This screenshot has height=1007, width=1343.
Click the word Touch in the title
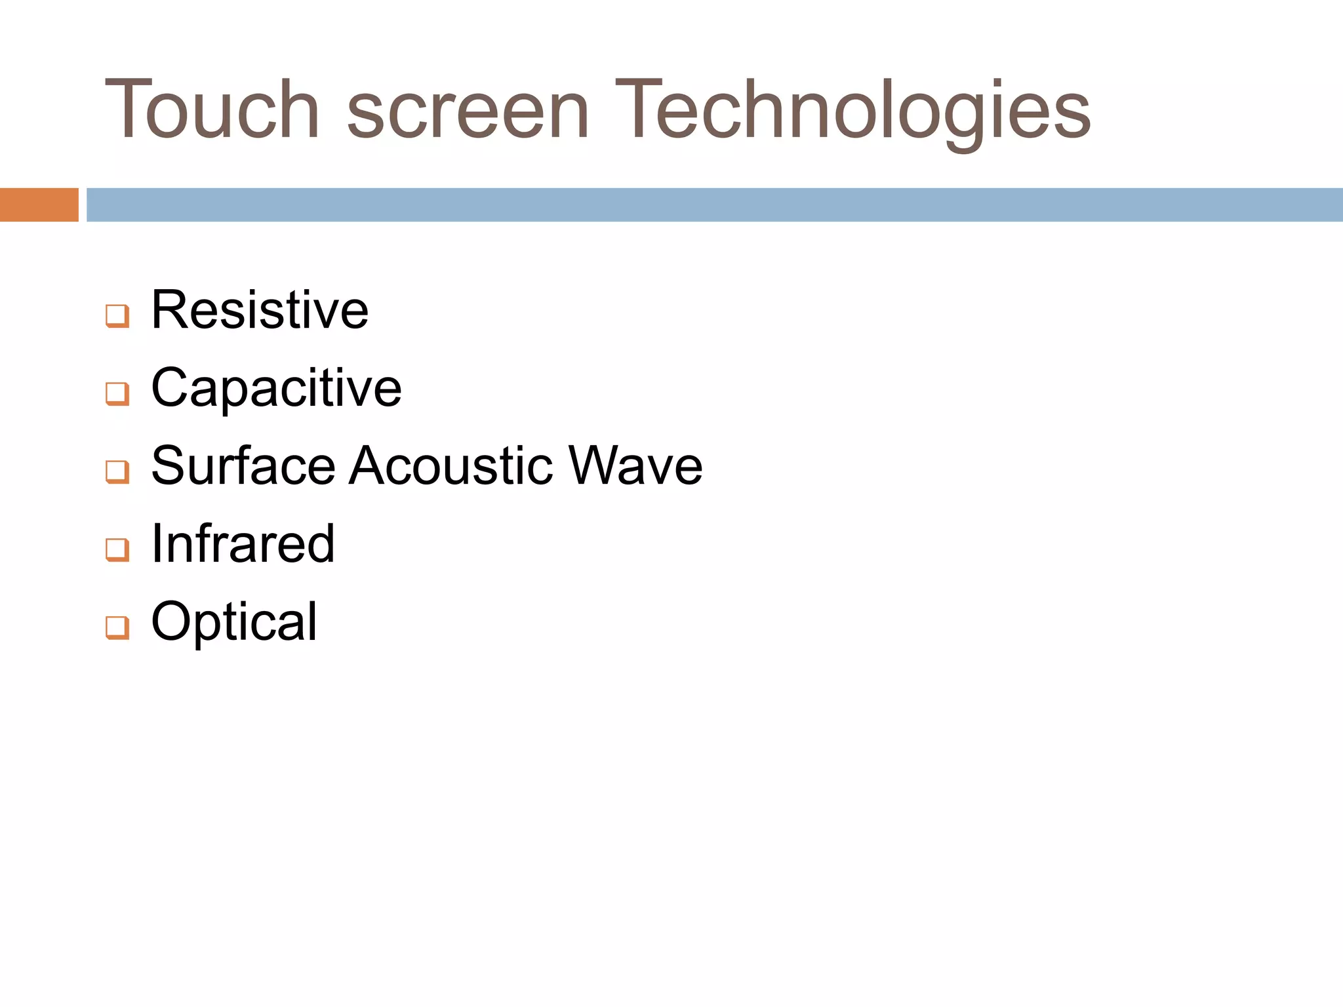tap(212, 110)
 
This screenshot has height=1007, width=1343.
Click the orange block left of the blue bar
tap(39, 205)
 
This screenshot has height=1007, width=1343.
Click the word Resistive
tap(260, 310)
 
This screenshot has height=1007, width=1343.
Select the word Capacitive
tap(276, 389)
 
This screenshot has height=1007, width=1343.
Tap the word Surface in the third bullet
tap(243, 466)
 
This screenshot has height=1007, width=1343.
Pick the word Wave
tap(635, 466)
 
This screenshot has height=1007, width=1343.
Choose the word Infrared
tap(243, 544)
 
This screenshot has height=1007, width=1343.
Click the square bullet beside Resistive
tap(117, 316)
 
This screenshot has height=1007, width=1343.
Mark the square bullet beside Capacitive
tap(117, 394)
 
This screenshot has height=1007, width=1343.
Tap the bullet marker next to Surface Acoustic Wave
tap(117, 471)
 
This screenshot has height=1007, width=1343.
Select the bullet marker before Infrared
tap(117, 549)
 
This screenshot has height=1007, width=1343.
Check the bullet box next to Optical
tap(117, 627)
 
